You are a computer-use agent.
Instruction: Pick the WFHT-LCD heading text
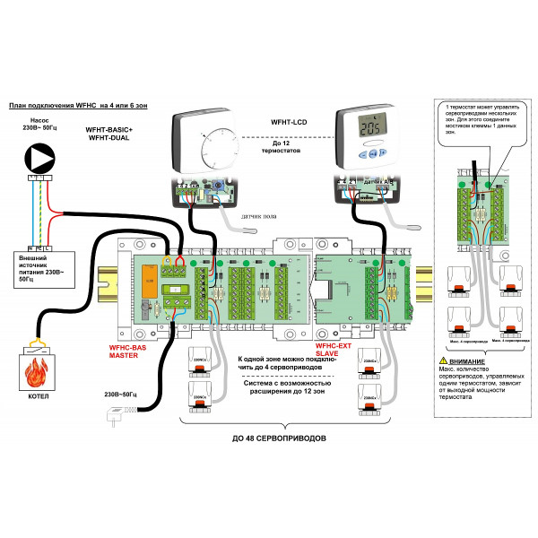(291, 119)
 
